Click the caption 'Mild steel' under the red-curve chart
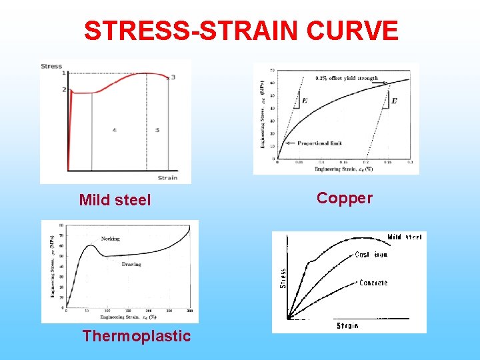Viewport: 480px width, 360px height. point(115,200)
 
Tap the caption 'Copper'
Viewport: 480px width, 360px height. point(345,198)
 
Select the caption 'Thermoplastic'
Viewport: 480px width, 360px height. point(137,336)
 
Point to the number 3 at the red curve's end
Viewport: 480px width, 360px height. point(173,77)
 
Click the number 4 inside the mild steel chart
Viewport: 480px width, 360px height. point(114,130)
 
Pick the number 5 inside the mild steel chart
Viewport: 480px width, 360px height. point(157,130)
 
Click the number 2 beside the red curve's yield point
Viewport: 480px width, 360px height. point(63,89)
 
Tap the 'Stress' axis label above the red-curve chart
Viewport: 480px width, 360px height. point(51,66)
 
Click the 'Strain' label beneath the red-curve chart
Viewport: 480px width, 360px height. point(168,177)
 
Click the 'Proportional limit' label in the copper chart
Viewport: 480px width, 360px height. point(320,143)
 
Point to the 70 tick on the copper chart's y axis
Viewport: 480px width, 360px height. point(272,70)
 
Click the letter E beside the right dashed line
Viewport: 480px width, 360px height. point(393,101)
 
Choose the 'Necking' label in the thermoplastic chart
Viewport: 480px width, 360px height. point(111,239)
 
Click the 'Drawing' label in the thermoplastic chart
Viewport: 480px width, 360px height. point(131,264)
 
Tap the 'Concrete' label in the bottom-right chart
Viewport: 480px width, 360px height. point(373,283)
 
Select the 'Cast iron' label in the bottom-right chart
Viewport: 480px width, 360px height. point(371,255)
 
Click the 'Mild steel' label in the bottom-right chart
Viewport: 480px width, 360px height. point(404,237)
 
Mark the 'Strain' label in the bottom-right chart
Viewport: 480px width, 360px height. point(347,326)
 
